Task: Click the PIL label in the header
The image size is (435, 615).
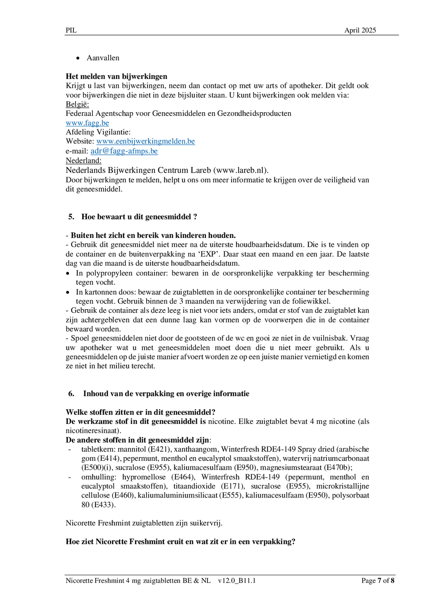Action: pos(71,30)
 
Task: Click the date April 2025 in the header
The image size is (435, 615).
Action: pos(360,30)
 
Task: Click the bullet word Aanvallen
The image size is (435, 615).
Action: pos(103,58)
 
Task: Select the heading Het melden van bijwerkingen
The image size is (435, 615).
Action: pos(116,76)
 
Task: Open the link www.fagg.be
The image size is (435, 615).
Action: pos(87,123)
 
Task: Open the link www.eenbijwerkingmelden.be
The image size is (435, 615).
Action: pos(146,141)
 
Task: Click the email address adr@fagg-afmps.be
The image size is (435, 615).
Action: pos(124,151)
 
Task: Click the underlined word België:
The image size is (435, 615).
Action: pos(77,104)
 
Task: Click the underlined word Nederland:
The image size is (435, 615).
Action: pos(84,161)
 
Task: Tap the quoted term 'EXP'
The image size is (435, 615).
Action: pos(208,254)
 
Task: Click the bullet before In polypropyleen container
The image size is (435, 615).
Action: pos(68,274)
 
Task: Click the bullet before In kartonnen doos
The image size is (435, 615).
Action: pos(68,292)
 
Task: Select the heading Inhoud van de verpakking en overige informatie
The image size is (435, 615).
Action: pos(166,394)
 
